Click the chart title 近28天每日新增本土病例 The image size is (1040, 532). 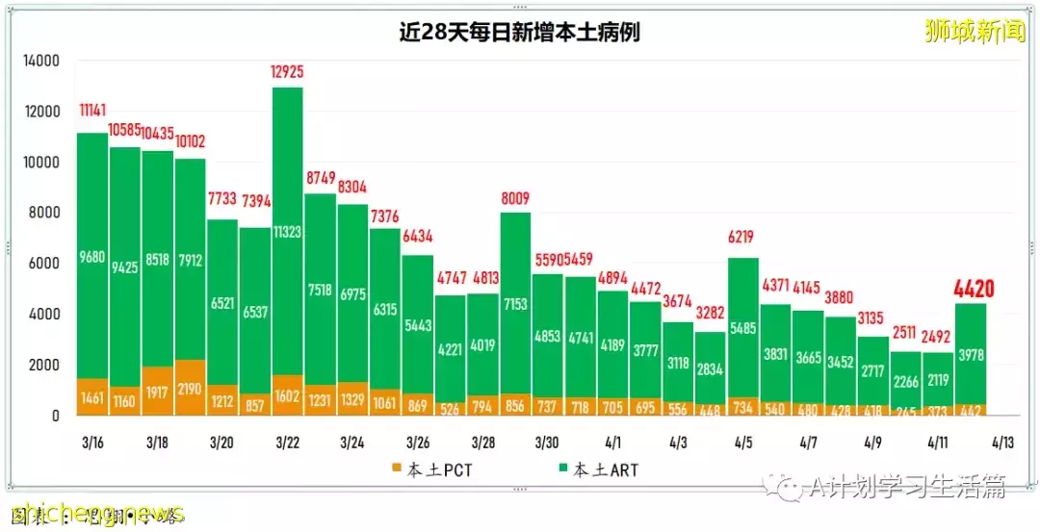click(520, 32)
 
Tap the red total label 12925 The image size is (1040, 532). click(288, 71)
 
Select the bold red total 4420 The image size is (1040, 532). click(973, 288)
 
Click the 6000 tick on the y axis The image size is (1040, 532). click(44, 264)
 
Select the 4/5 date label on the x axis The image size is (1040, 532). click(743, 443)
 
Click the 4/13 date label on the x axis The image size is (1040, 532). click(1002, 443)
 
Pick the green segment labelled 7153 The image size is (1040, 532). click(515, 303)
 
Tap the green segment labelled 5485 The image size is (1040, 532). click(743, 327)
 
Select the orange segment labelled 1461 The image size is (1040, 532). click(92, 396)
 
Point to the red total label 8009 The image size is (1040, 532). click(515, 198)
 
